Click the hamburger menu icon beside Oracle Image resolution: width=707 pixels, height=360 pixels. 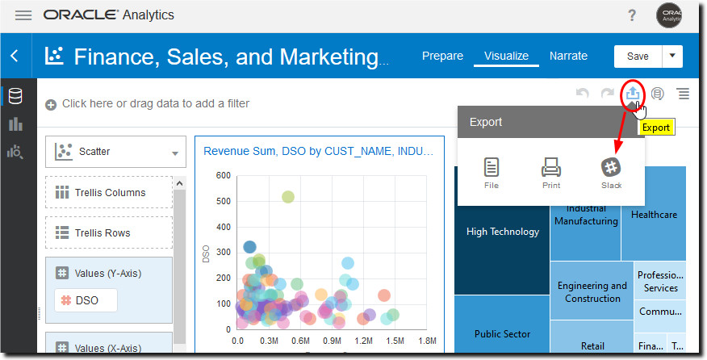tap(23, 15)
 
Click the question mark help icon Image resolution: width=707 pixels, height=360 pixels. tap(632, 15)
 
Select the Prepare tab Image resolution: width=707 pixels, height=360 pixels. tap(442, 56)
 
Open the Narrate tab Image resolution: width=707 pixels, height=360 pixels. tap(568, 56)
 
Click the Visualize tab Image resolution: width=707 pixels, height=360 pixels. tap(506, 56)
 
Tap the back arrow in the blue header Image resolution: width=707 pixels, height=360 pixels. tap(15, 56)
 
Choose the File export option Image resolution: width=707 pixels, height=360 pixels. tap(492, 173)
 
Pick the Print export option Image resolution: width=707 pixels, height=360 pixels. tap(551, 173)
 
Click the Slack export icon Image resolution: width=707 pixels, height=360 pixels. tap(611, 173)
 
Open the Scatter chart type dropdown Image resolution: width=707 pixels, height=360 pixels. tap(116, 152)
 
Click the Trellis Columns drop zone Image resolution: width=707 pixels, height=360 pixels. tap(109, 193)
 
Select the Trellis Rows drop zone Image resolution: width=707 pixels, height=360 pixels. tap(109, 233)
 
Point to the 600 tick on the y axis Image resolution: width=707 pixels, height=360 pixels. tap(223, 175)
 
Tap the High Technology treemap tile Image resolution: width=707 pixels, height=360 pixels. tap(502, 232)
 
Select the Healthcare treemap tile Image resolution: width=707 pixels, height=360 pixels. tap(654, 215)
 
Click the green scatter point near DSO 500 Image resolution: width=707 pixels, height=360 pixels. tap(287, 197)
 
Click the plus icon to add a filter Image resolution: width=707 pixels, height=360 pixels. tap(51, 104)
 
